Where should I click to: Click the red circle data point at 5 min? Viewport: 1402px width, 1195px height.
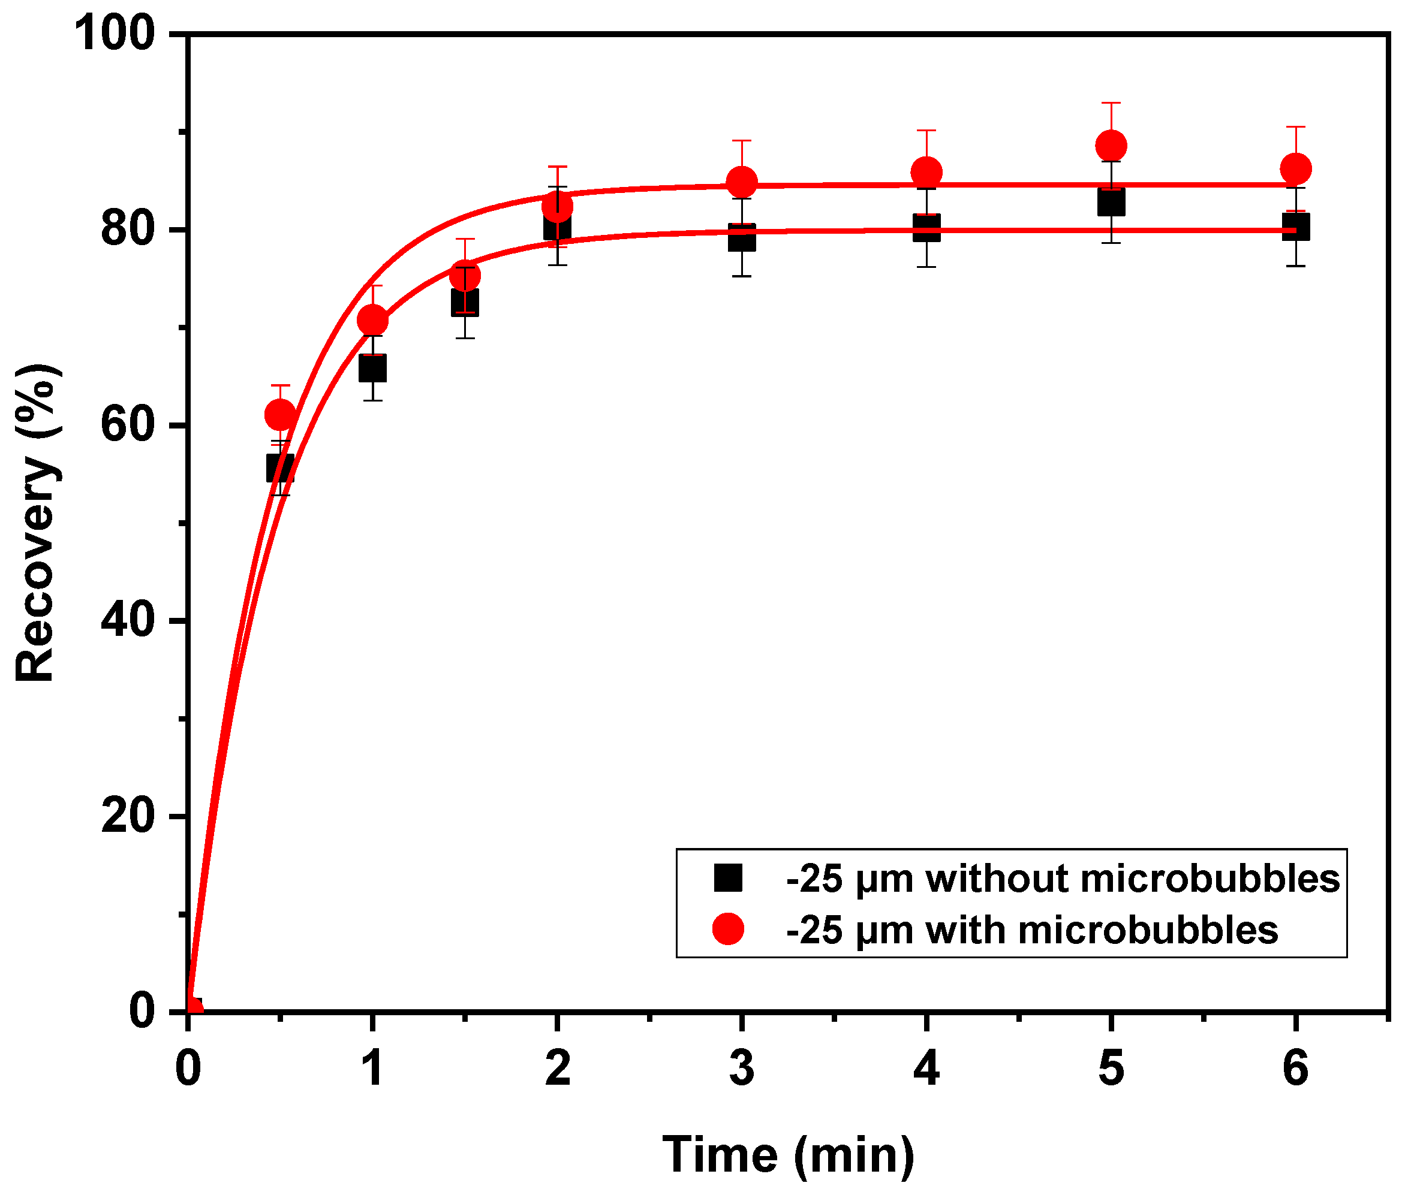coord(1111,146)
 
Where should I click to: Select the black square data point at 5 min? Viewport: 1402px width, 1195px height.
coord(1111,201)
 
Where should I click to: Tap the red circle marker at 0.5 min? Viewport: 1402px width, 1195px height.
coord(280,414)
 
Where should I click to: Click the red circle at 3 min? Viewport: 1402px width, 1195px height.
coord(742,182)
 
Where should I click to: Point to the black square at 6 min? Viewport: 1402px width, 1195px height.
coord(1295,227)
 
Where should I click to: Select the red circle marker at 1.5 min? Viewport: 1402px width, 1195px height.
coord(464,275)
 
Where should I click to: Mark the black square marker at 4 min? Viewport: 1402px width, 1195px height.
coord(926,228)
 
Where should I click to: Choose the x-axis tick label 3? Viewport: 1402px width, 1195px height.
coord(742,1069)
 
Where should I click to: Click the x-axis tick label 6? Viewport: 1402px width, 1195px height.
coord(1295,1069)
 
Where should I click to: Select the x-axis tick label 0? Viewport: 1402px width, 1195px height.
coord(188,1069)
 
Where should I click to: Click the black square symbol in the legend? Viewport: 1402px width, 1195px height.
coord(728,878)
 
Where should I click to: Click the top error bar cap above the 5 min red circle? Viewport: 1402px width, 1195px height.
coord(1111,103)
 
